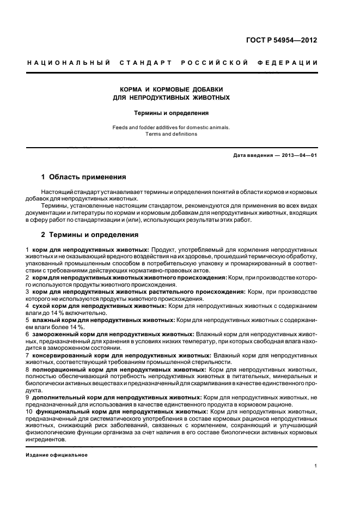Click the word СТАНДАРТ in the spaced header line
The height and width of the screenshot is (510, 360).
tap(147, 63)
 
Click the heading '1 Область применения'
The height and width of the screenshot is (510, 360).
tap(84, 177)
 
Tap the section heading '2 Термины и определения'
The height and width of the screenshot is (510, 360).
tap(90, 235)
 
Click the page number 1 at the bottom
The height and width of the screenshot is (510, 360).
tap(316, 466)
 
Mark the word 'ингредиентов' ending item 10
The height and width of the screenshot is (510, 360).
tap(46, 440)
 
